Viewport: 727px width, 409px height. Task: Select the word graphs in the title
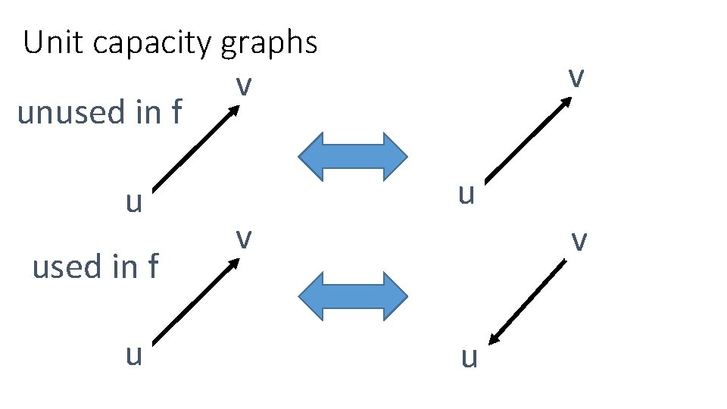[x=270, y=45]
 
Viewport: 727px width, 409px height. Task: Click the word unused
[x=73, y=113]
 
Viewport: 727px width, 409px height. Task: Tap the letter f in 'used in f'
[x=153, y=267]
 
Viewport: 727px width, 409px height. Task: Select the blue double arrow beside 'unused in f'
[x=353, y=157]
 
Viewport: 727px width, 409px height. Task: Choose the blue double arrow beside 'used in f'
[x=353, y=295]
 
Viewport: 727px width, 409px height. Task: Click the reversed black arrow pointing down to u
[x=527, y=303]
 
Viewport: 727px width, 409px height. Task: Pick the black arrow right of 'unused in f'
[x=195, y=147]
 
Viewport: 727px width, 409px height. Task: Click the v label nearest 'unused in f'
[x=242, y=86]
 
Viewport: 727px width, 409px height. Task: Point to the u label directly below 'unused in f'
[x=134, y=202]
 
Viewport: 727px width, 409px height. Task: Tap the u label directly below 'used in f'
[x=134, y=354]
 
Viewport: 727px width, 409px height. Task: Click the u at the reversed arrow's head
[x=470, y=357]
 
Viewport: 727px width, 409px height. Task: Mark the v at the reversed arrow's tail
[x=579, y=241]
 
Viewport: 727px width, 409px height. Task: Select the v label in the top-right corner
[x=576, y=76]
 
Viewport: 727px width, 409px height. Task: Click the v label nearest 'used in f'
[x=242, y=238]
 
